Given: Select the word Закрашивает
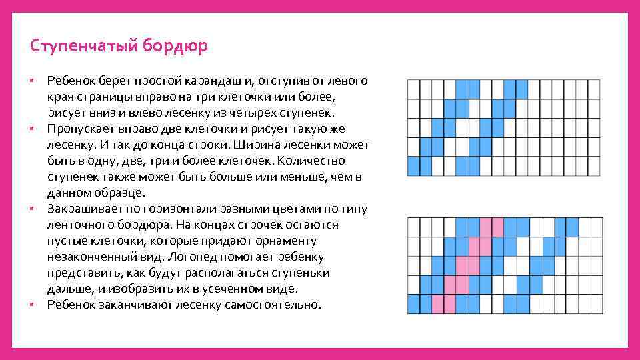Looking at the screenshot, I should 82,209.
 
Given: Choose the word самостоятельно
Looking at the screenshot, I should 271,305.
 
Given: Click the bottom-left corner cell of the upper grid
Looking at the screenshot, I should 413,166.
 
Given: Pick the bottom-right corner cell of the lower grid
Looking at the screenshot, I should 593,305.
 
